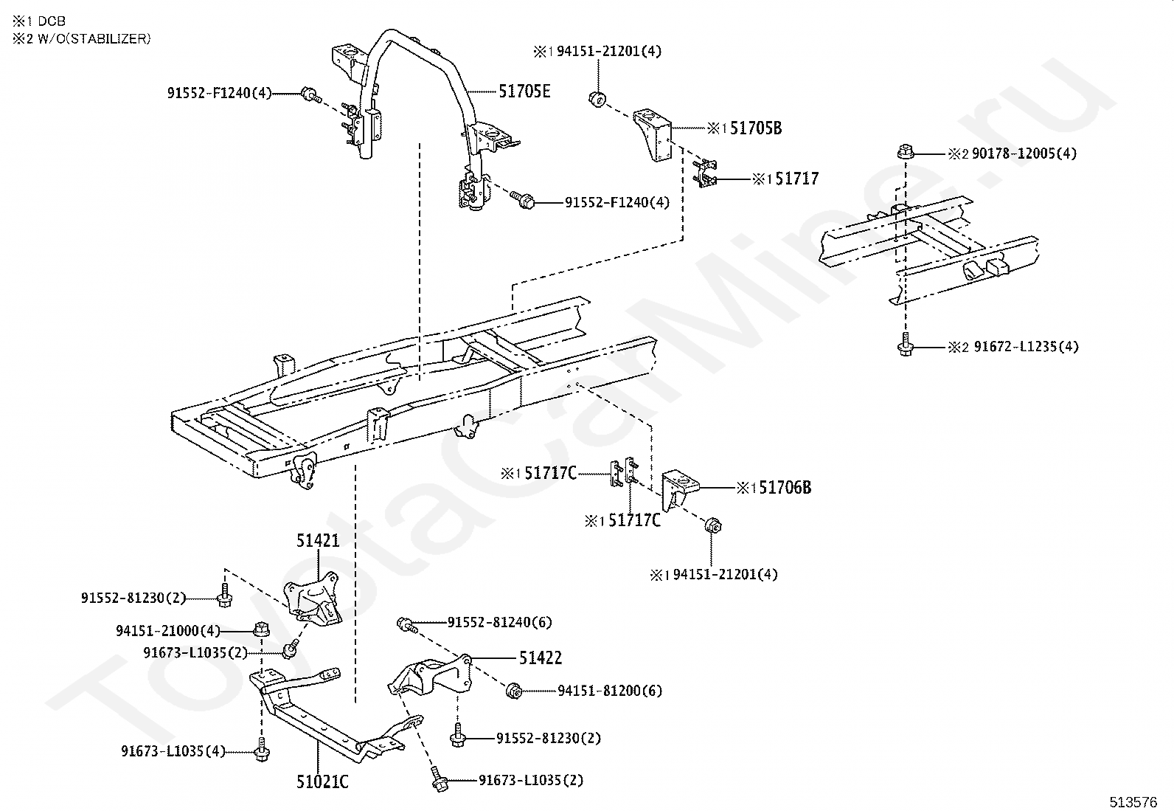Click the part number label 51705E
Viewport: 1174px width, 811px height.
coord(524,92)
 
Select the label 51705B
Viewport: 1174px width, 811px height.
coord(756,128)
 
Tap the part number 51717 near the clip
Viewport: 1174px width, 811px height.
coord(796,179)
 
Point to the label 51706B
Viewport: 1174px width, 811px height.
coord(785,488)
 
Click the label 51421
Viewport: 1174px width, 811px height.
coord(318,541)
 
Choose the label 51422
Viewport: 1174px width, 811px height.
coord(541,658)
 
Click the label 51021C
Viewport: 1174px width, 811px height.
coord(322,781)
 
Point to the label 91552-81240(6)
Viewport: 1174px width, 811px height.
coord(499,622)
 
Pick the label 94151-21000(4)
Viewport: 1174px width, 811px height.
coord(168,631)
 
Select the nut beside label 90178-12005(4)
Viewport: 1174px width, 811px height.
coord(906,153)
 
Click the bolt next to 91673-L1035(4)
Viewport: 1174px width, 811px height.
coord(260,750)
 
